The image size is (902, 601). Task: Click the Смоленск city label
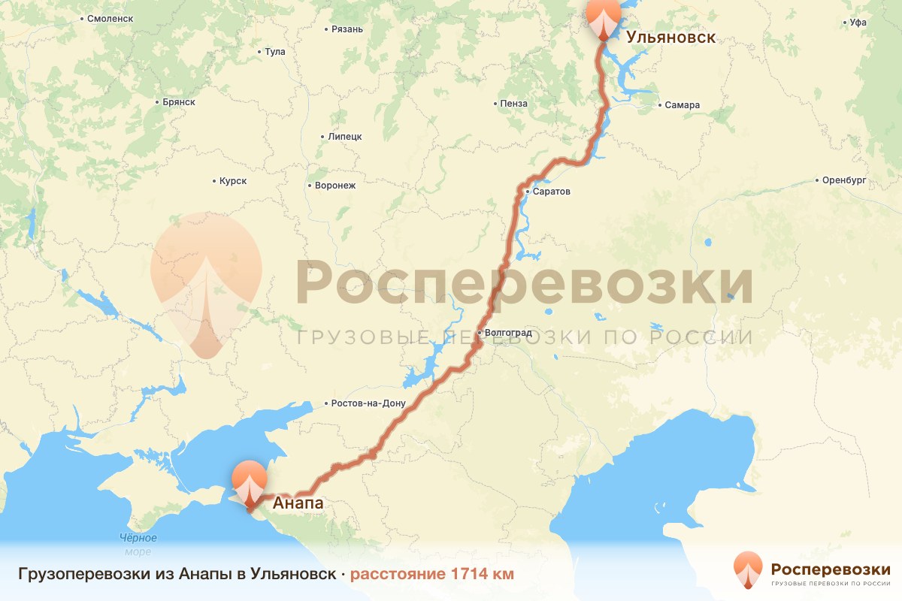click(x=110, y=17)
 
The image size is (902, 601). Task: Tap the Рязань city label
click(x=347, y=29)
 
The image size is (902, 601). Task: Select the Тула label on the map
click(x=275, y=52)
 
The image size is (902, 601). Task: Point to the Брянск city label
click(x=179, y=101)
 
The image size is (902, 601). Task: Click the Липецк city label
click(x=345, y=137)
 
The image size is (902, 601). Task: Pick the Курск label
click(x=233, y=181)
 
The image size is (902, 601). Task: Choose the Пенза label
click(x=513, y=103)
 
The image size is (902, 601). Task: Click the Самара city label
click(x=682, y=105)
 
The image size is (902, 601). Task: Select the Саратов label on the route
click(x=552, y=192)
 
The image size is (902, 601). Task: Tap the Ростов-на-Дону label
click(x=368, y=403)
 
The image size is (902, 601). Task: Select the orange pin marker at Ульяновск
click(x=604, y=18)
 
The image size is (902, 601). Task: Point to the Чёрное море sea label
click(x=138, y=545)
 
